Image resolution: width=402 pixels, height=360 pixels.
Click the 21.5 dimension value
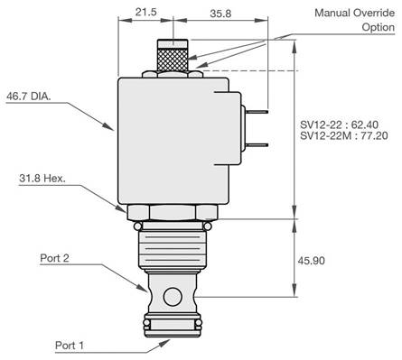pyautogui.click(x=145, y=12)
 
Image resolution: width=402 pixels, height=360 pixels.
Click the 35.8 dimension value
pyautogui.click(x=220, y=14)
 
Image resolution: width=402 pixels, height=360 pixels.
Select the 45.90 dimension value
pyautogui.click(x=312, y=261)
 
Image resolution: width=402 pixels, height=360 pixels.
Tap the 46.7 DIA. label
pyautogui.click(x=29, y=97)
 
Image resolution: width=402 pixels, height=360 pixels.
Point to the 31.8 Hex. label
pyautogui.click(x=42, y=179)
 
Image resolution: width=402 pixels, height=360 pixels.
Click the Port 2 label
pyautogui.click(x=54, y=258)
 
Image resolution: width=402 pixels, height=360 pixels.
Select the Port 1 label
pyautogui.click(x=70, y=346)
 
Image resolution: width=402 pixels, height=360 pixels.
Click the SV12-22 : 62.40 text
pyautogui.click(x=339, y=125)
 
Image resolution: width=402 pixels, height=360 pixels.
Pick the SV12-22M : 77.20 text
pyautogui.click(x=344, y=135)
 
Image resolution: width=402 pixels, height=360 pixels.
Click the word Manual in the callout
pyautogui.click(x=332, y=13)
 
